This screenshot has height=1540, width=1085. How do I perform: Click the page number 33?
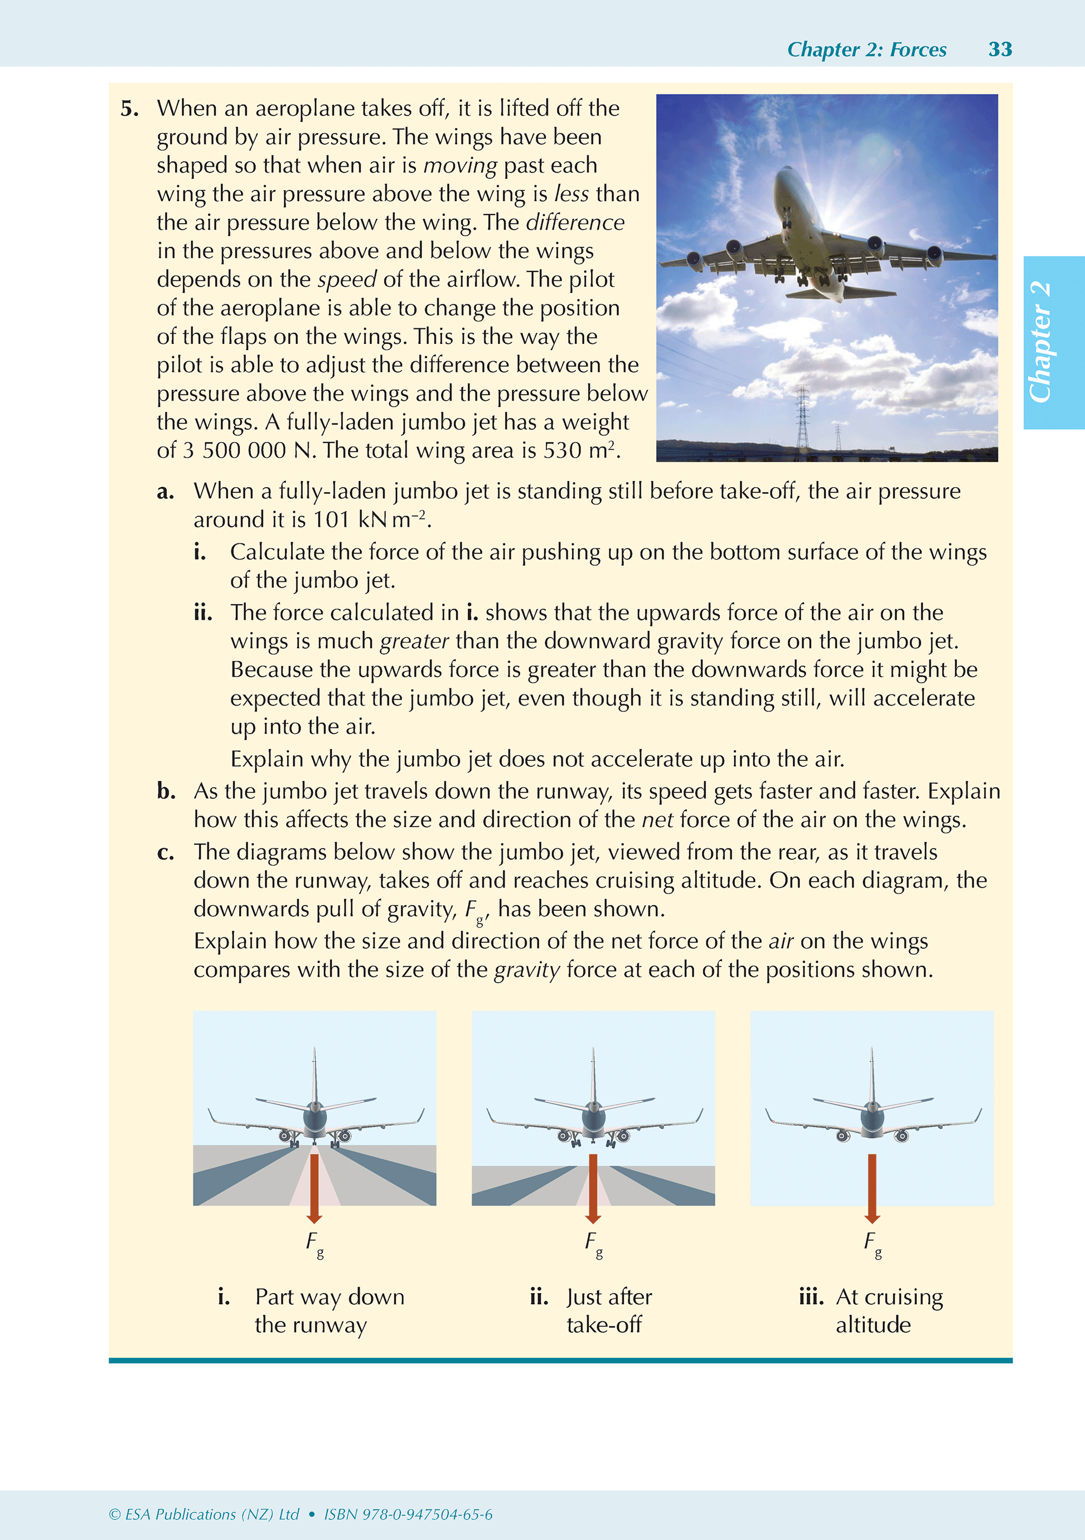[x=1000, y=49]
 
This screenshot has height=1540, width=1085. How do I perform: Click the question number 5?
[x=129, y=109]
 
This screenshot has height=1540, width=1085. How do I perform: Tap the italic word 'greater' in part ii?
[x=414, y=641]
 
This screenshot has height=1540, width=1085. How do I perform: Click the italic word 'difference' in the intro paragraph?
[x=575, y=222]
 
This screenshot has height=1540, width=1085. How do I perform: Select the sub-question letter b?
[x=166, y=791]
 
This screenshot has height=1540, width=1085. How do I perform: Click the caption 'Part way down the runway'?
[x=329, y=1310]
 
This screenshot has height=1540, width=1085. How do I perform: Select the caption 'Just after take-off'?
[x=608, y=1310]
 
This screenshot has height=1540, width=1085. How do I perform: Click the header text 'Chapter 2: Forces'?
[x=866, y=50]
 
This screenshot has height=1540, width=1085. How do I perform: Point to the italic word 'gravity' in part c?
[x=527, y=970]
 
